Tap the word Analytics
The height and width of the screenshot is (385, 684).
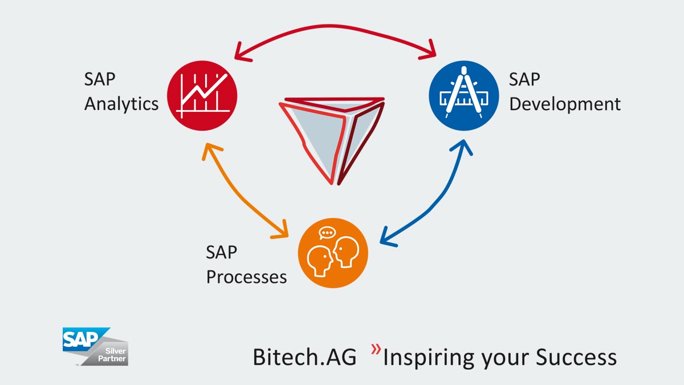click(121, 104)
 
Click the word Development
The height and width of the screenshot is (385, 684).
click(564, 104)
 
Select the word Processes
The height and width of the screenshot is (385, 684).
click(246, 277)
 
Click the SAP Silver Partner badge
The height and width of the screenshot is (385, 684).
click(95, 346)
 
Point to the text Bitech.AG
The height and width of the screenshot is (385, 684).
click(304, 358)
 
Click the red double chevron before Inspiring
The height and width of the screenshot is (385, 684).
click(375, 349)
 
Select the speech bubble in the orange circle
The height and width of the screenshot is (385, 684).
click(327, 233)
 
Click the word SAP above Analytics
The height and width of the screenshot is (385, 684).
click(99, 79)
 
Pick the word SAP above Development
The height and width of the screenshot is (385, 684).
click(524, 79)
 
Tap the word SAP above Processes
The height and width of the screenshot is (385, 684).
click(221, 252)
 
